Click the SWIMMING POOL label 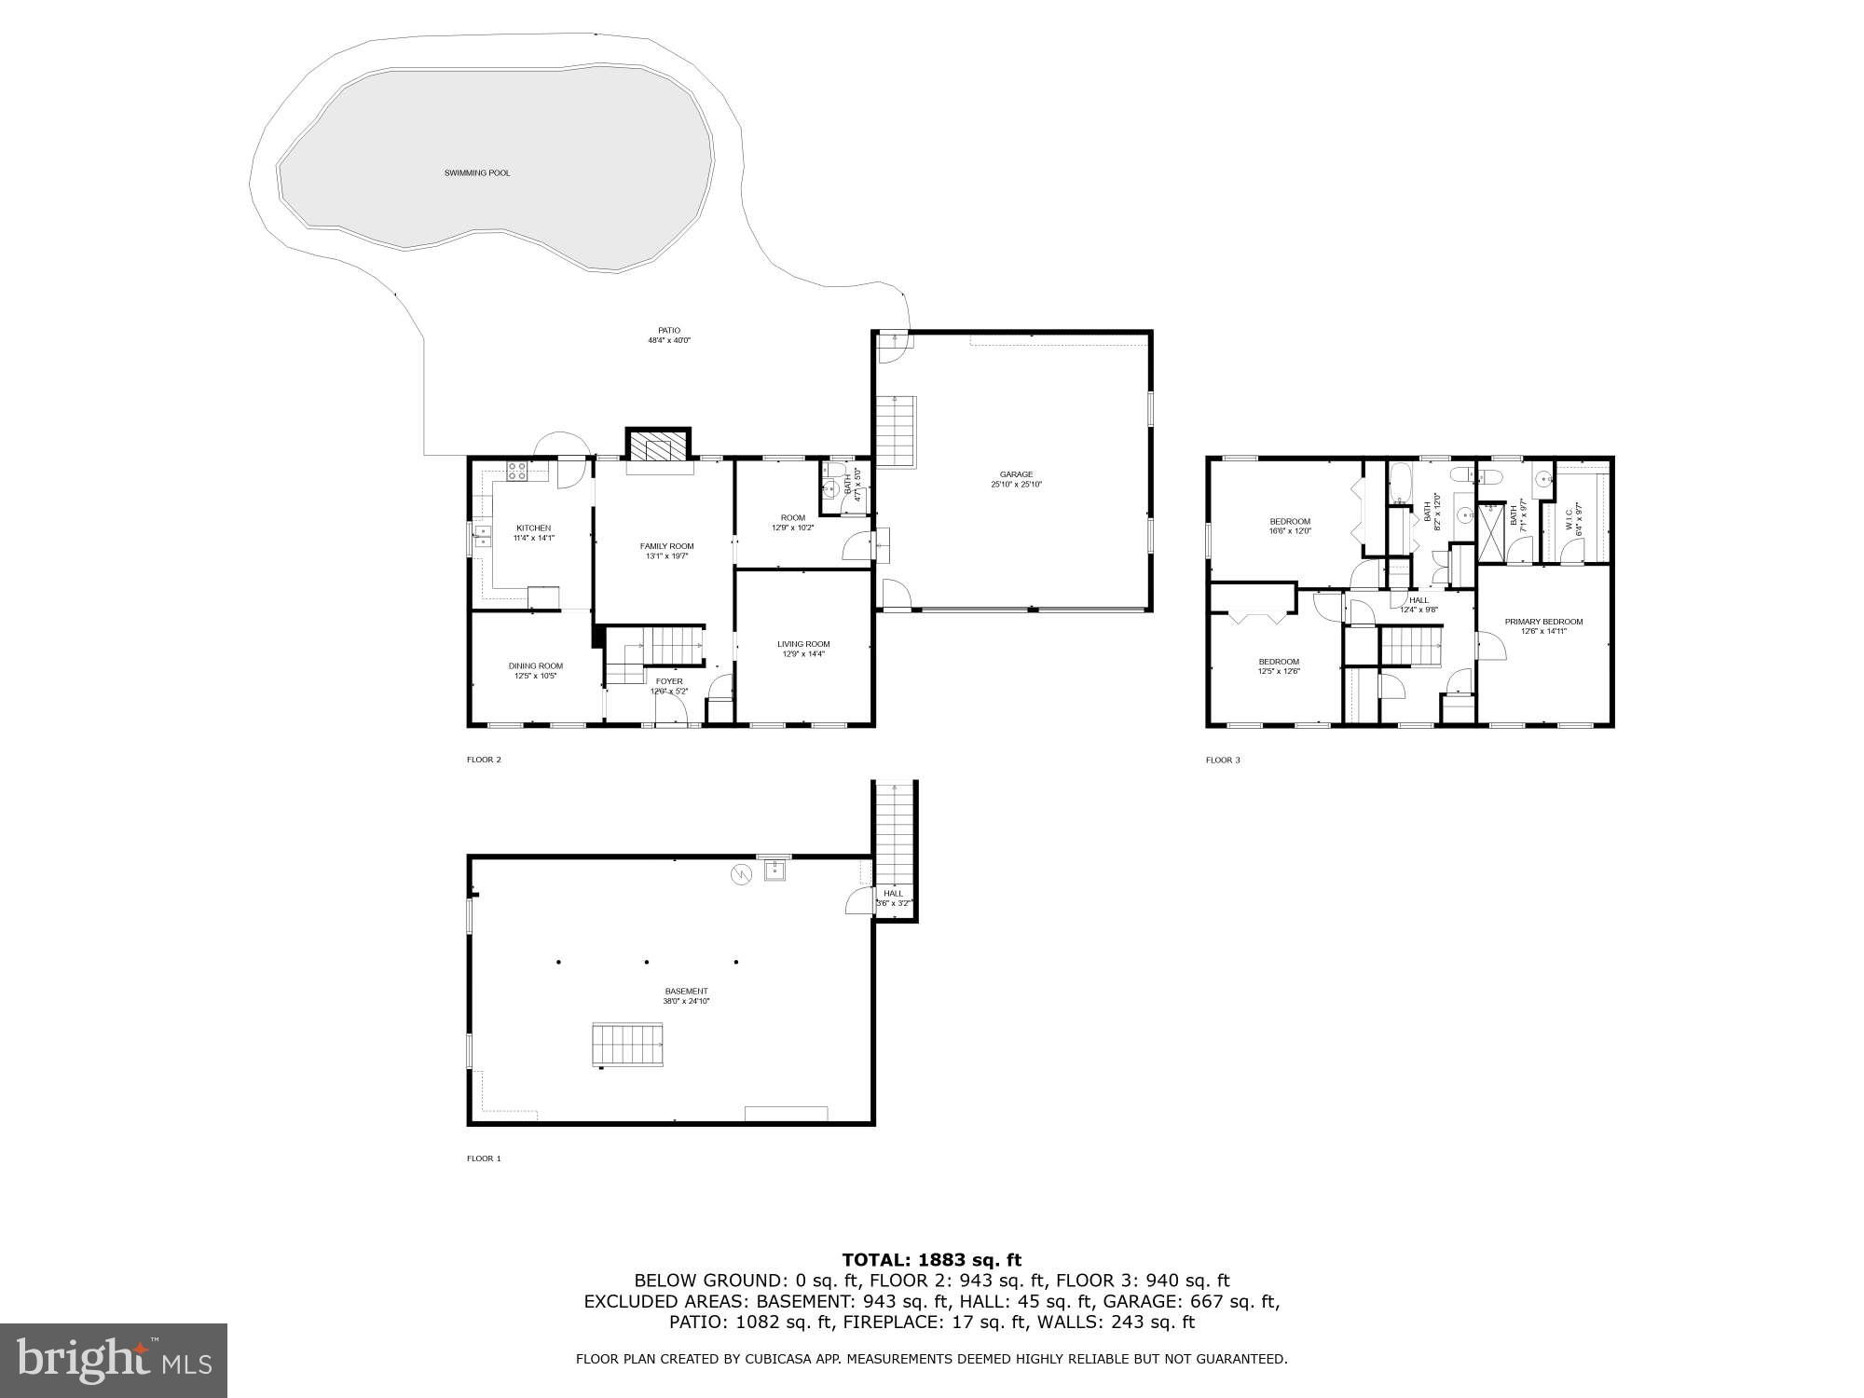[x=476, y=173]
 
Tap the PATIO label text [x=669, y=331]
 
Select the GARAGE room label [x=1016, y=475]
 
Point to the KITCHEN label [x=533, y=528]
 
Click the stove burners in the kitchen [x=517, y=472]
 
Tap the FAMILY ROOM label [x=666, y=547]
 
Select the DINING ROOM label [x=535, y=666]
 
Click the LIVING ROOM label [x=803, y=644]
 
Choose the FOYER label [x=668, y=681]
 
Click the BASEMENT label [x=686, y=992]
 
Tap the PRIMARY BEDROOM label [x=1543, y=622]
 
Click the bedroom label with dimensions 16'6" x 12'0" [x=1290, y=522]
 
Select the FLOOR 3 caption [x=1223, y=761]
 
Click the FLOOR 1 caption [x=484, y=1158]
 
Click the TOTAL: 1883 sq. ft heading [x=932, y=1261]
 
